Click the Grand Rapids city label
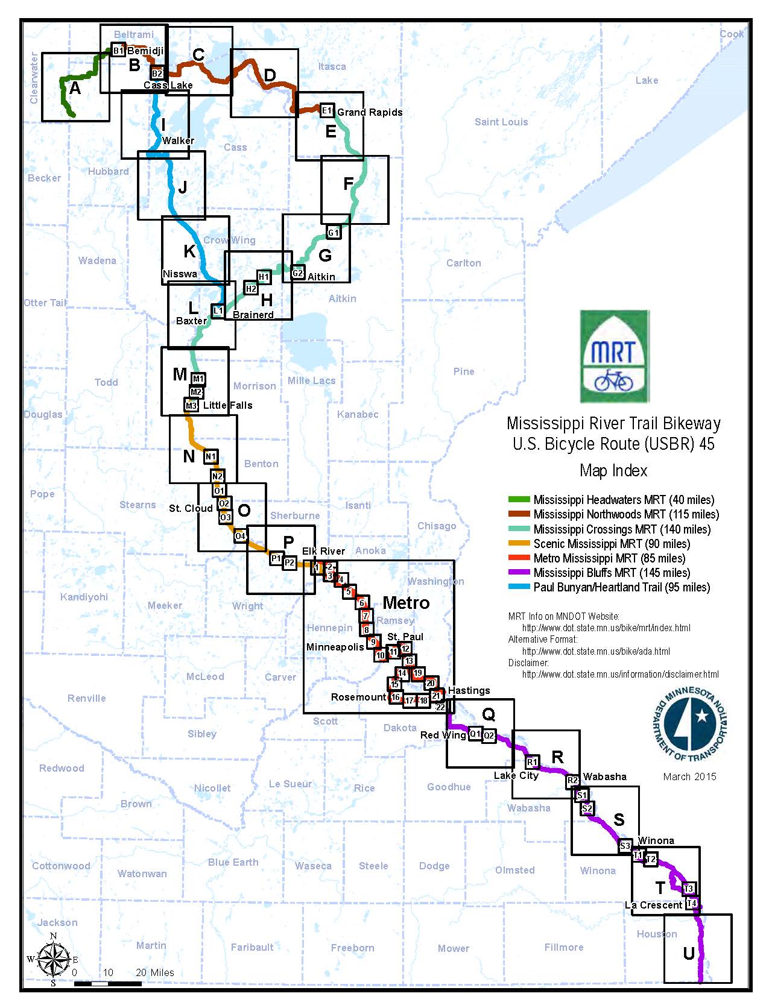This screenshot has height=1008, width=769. (x=369, y=112)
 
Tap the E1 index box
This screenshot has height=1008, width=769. (x=327, y=110)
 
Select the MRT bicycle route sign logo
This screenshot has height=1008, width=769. (x=614, y=356)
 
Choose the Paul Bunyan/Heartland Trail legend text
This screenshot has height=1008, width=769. (x=621, y=587)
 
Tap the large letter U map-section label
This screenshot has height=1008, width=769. (x=688, y=953)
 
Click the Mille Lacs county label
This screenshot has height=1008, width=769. (x=311, y=380)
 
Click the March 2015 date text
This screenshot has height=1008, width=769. (x=689, y=776)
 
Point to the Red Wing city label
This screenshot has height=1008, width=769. (x=443, y=735)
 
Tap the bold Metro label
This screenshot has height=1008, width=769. (x=406, y=602)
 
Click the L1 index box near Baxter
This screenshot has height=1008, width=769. (x=218, y=310)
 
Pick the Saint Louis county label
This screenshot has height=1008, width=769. (x=501, y=122)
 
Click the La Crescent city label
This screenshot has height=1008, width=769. (x=653, y=905)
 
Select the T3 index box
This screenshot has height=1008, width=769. (x=688, y=888)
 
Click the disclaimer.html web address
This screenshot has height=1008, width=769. (x=620, y=675)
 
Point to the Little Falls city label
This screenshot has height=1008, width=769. (x=227, y=405)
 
